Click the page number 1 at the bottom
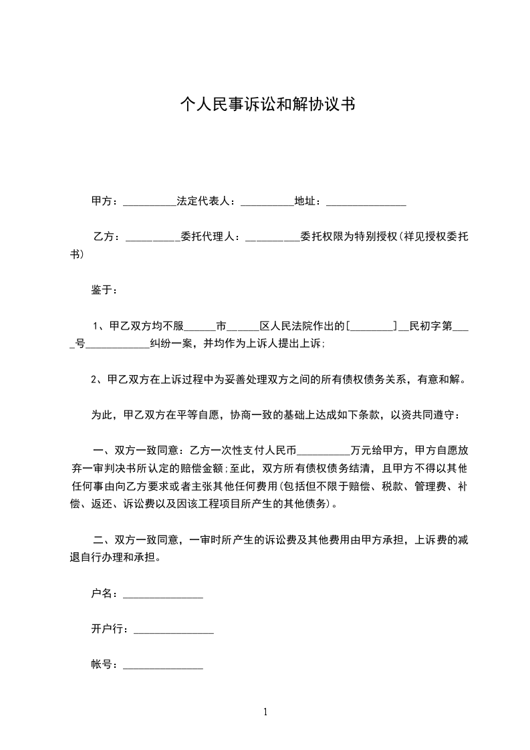pos(265,712)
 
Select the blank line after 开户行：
pos(174,630)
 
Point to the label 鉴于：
pos(104,291)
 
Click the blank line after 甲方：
pos(149,202)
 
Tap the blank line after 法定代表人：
pos(267,202)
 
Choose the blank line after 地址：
pos(366,202)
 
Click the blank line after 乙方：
pos(153,237)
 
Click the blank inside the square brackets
pos(372,327)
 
